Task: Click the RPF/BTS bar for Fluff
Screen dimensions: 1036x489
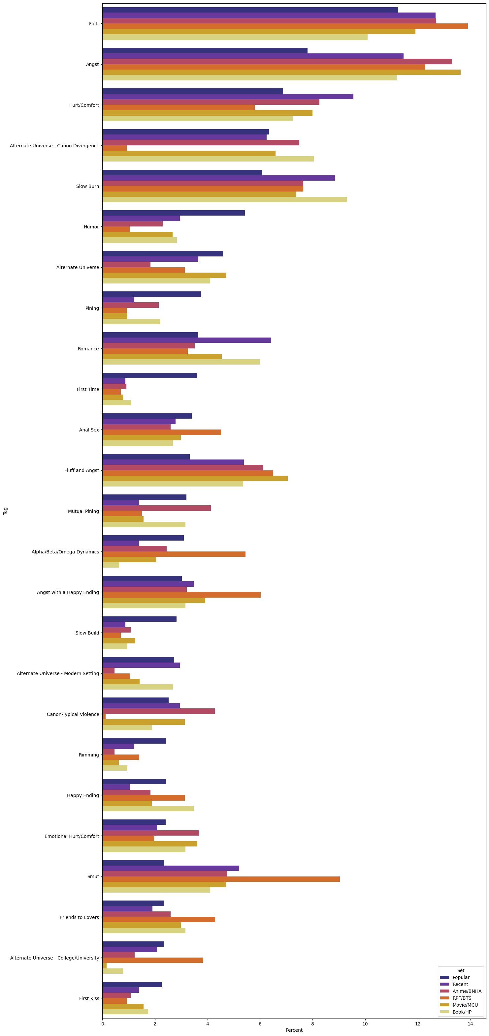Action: click(285, 26)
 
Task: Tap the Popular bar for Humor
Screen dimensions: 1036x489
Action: click(174, 213)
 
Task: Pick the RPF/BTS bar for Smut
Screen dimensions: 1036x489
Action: click(221, 879)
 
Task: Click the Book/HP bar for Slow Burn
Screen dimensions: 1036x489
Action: click(225, 199)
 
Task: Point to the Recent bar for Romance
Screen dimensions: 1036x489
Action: click(187, 340)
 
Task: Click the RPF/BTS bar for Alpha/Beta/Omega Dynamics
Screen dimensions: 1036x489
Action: click(174, 554)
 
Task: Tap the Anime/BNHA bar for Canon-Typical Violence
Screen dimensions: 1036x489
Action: click(159, 711)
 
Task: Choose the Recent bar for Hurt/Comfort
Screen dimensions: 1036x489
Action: click(228, 97)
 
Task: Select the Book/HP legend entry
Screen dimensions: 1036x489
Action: click(462, 1012)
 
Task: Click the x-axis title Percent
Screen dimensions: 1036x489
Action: click(294, 1030)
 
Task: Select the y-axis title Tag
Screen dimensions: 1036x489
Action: click(5, 511)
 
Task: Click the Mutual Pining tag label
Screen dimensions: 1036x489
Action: click(83, 511)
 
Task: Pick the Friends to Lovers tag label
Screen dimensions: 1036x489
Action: click(79, 917)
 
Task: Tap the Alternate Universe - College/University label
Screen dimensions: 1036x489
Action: click(54, 958)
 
